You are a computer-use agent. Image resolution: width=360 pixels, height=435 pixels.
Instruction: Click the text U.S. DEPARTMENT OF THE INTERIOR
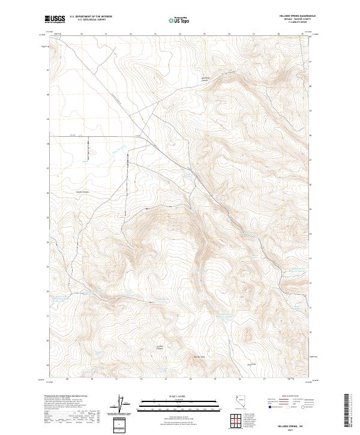tap(91, 17)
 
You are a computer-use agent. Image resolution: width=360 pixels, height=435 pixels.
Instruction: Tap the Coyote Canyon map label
tap(83, 192)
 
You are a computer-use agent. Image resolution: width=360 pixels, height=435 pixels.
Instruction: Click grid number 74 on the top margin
tap(179, 34)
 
